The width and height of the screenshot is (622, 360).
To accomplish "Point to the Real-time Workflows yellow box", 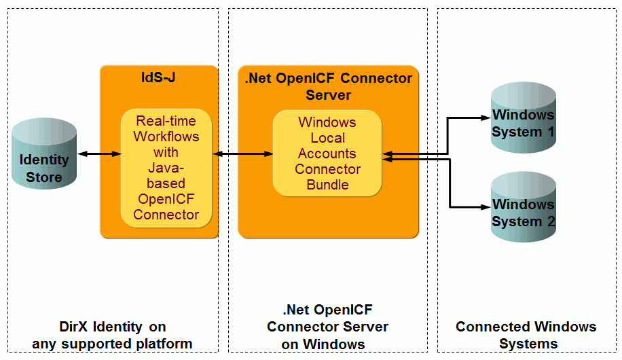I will tap(166, 168).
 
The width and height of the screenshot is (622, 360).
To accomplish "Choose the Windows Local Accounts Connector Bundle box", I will tap(327, 154).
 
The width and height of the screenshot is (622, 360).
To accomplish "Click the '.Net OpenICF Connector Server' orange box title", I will tap(328, 86).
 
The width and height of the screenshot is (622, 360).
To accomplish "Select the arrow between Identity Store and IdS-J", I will tap(99, 154).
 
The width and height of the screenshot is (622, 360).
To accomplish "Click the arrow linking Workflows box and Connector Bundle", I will tap(242, 154).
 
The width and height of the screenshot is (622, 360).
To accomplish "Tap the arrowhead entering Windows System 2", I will tap(486, 206).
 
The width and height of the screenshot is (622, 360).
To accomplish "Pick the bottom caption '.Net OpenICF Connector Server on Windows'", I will tap(327, 327).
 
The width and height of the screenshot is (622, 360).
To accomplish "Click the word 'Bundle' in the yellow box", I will tap(327, 185).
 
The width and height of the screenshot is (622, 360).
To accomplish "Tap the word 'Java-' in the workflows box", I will tap(166, 168).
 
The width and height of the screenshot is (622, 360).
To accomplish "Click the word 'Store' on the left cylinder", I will tap(44, 177).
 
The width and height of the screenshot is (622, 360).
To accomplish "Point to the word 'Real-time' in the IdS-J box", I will tap(166, 121).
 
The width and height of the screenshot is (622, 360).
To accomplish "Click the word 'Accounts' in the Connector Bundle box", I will tap(327, 154).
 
